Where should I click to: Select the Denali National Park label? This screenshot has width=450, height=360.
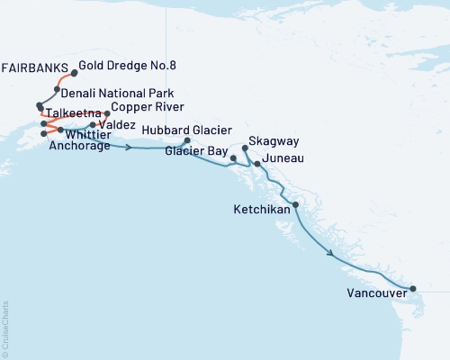click(x=112, y=93)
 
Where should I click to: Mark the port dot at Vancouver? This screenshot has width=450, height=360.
click(x=413, y=289)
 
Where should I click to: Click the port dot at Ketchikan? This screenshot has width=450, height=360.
click(x=295, y=205)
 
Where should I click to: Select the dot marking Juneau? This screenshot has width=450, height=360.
click(x=257, y=165)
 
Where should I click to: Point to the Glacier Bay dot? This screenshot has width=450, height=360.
click(x=234, y=158)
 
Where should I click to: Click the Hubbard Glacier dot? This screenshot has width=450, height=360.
click(x=187, y=140)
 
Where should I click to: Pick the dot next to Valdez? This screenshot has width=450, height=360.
click(x=93, y=125)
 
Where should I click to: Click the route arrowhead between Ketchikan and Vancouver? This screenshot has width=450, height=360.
click(x=336, y=256)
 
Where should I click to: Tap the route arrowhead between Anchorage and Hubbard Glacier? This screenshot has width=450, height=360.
click(x=132, y=147)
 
